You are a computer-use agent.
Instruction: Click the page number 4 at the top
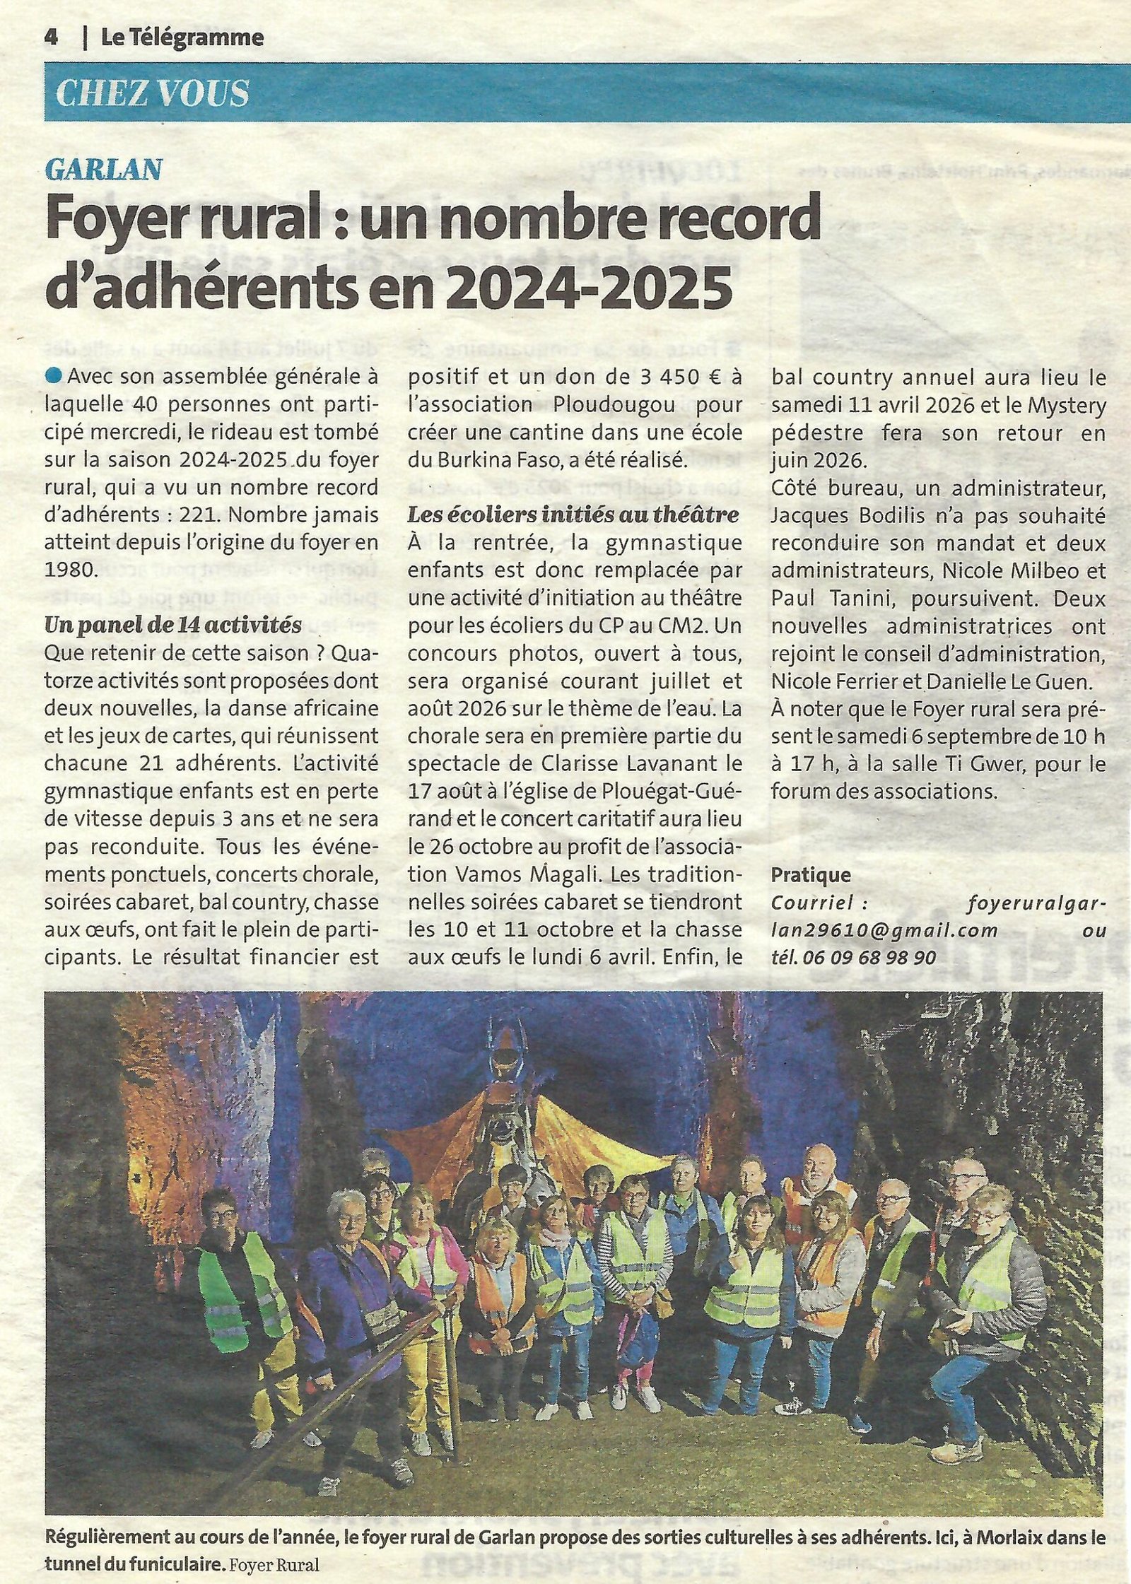(x=50, y=37)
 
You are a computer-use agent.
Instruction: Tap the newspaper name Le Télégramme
(x=182, y=37)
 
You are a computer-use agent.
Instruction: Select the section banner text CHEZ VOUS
(x=152, y=93)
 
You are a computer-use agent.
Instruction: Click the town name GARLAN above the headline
(x=104, y=168)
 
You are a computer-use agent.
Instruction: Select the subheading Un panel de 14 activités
(x=172, y=625)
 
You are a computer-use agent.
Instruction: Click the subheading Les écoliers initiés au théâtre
(x=573, y=515)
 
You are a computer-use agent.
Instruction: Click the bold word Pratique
(x=811, y=874)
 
